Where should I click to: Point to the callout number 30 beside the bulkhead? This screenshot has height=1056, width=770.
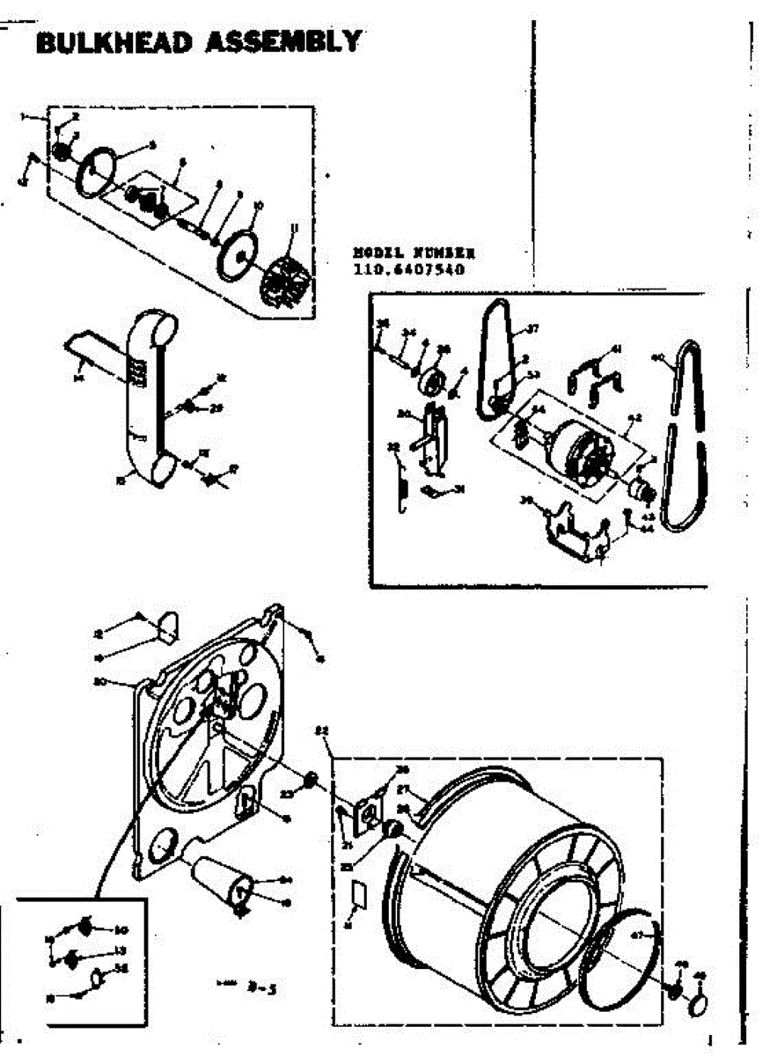pos(99,680)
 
